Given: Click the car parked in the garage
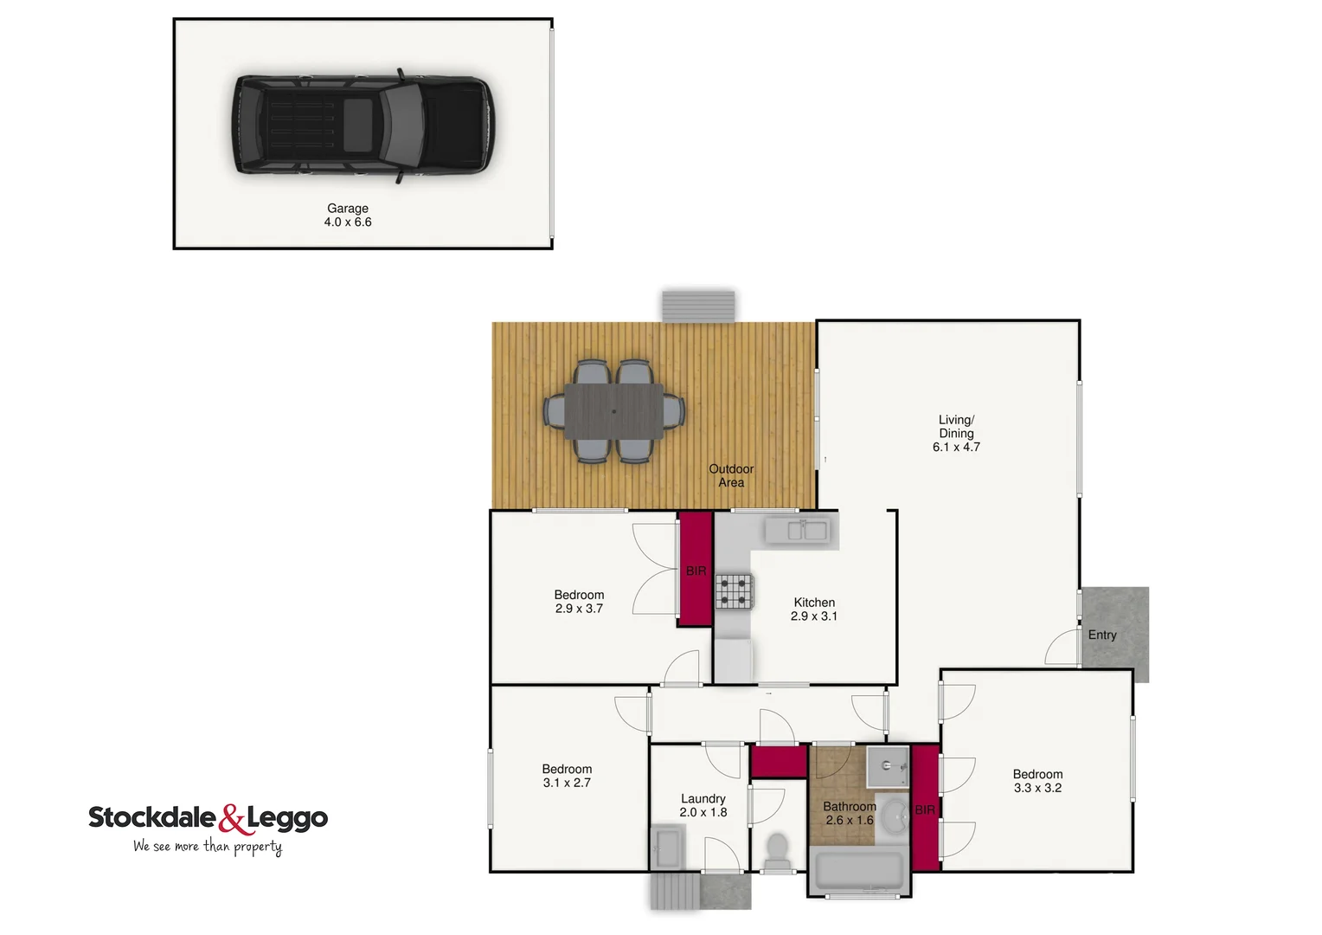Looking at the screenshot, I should pos(362,126).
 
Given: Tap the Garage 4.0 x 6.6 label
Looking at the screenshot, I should pos(348,215).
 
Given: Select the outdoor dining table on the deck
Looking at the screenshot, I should pos(614,410).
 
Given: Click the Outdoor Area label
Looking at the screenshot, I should pos(731,475).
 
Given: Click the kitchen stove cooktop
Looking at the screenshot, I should pos(734,591).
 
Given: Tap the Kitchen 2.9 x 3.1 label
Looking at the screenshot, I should pos(814,609).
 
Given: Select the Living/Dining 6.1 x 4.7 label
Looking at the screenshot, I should pos(956,433).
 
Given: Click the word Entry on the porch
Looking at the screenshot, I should pos(1102,635).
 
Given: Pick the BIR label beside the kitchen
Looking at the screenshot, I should pos(696,571).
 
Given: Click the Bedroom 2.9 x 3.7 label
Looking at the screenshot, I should pos(579,602).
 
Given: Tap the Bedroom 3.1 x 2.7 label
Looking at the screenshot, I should pos(567,776).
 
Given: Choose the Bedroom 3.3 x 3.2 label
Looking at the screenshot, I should pos(1037,781).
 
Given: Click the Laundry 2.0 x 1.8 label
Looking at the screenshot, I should pos(703,805).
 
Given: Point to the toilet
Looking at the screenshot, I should pos(777,849).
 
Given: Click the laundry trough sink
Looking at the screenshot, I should pos(666,846).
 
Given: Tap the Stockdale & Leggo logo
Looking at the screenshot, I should pos(208,817).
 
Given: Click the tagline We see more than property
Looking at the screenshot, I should pos(208,847).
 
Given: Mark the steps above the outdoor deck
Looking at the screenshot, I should pos(698,306).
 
